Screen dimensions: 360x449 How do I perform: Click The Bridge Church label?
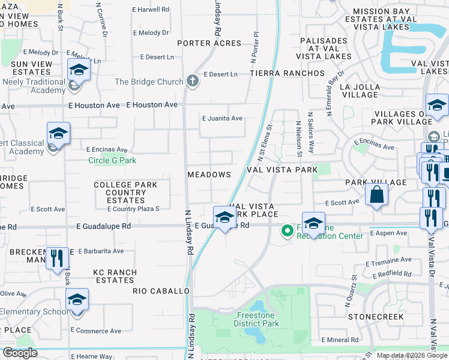click(149, 82)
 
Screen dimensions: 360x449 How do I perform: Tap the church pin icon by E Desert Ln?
click(192, 80)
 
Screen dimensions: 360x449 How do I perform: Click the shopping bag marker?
click(376, 195)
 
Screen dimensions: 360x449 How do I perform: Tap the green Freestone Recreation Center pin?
click(288, 230)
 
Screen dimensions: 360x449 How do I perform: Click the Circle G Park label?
click(112, 160)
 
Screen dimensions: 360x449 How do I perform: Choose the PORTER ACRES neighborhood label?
click(210, 43)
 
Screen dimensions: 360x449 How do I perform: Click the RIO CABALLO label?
click(161, 290)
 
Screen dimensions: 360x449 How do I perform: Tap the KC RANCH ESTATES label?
click(115, 276)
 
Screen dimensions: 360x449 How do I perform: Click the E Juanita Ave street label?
click(222, 118)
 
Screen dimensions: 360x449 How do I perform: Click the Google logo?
click(20, 353)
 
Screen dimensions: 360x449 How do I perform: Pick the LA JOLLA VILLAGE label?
click(358, 91)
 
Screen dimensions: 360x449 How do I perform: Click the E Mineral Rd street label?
click(340, 340)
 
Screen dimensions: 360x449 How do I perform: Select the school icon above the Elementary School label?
click(77, 299)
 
